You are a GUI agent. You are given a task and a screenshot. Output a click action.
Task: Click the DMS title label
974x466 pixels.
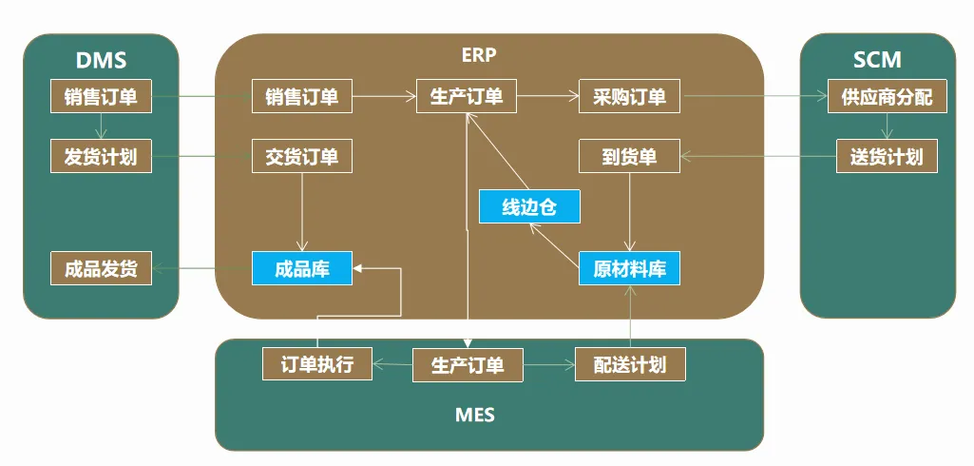tap(101, 61)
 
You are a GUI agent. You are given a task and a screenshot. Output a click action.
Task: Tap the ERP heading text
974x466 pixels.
tap(479, 54)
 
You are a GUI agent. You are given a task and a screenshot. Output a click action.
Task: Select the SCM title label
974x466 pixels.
tap(877, 61)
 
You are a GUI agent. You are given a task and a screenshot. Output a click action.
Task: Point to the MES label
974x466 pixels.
tap(475, 416)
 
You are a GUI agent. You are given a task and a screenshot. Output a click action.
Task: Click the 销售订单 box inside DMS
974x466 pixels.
tap(101, 96)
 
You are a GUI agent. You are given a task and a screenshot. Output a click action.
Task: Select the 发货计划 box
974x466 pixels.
tap(101, 156)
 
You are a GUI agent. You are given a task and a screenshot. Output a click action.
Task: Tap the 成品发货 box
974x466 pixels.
tap(101, 268)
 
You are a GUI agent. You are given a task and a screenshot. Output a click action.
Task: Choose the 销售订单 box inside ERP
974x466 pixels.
tap(302, 96)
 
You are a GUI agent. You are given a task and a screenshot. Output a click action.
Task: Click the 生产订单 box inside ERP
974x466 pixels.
tap(467, 96)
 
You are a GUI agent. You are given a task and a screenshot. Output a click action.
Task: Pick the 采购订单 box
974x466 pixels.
tap(629, 96)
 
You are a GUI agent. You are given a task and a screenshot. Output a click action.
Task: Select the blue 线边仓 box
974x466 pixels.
tap(529, 206)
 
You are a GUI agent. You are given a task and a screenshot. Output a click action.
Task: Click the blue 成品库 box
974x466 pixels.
tap(302, 268)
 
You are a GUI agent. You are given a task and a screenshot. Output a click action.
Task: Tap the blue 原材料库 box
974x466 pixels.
tap(630, 268)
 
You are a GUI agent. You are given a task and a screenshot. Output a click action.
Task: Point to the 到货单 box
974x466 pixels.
tap(630, 156)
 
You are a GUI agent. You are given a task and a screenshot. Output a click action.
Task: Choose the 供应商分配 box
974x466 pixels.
tap(887, 97)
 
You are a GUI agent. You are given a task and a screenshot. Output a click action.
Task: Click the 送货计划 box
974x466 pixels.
tap(887, 156)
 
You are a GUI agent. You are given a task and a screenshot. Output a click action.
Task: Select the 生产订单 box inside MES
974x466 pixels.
tap(467, 364)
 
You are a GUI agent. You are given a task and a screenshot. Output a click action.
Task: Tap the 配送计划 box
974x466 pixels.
tap(630, 364)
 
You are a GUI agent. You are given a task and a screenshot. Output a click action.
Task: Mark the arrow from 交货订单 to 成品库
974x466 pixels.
tap(302, 212)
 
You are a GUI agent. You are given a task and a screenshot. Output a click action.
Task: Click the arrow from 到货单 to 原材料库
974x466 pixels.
tap(630, 212)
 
